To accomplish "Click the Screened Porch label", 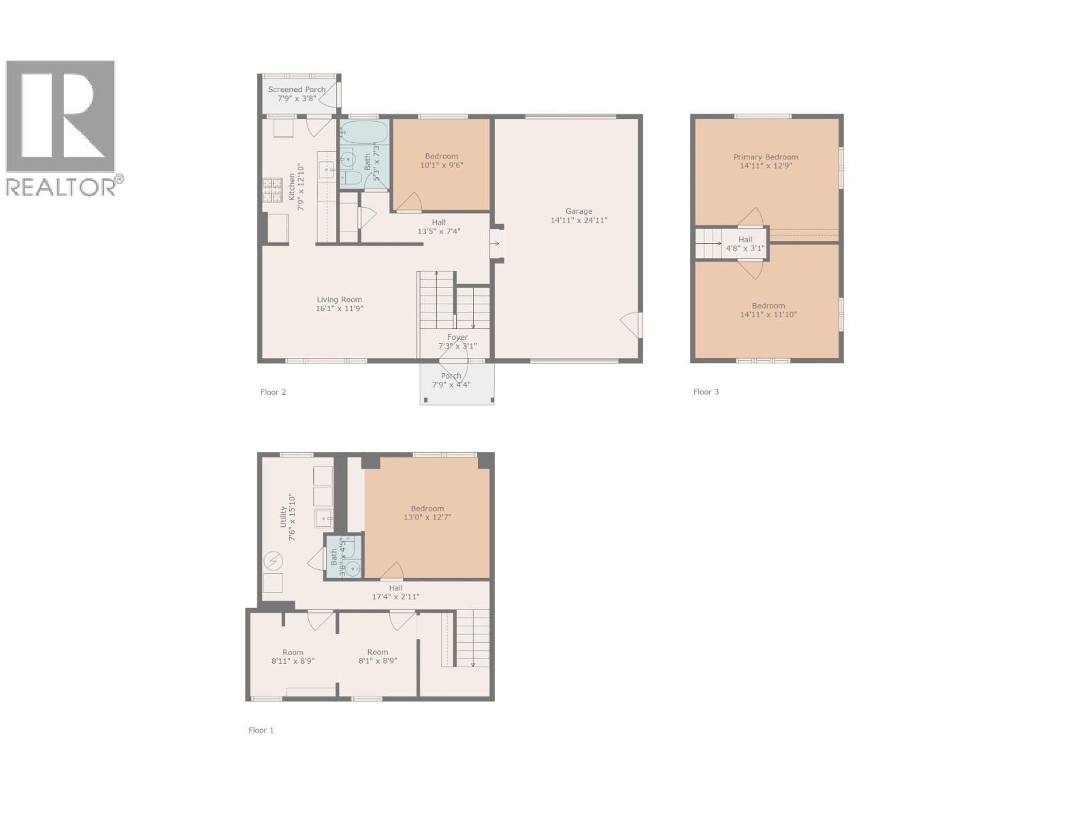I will click(297, 90).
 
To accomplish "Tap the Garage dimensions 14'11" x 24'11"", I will click(579, 221).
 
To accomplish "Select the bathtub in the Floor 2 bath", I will click(364, 133).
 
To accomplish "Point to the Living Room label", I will click(339, 300).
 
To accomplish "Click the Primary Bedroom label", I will click(766, 157).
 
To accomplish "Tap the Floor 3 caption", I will click(706, 392).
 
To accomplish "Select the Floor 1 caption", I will click(261, 731).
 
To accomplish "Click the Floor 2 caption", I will click(273, 392).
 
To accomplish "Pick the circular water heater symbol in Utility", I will click(273, 560).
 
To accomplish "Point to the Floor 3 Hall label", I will click(745, 240).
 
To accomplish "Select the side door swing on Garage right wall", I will click(631, 325).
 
